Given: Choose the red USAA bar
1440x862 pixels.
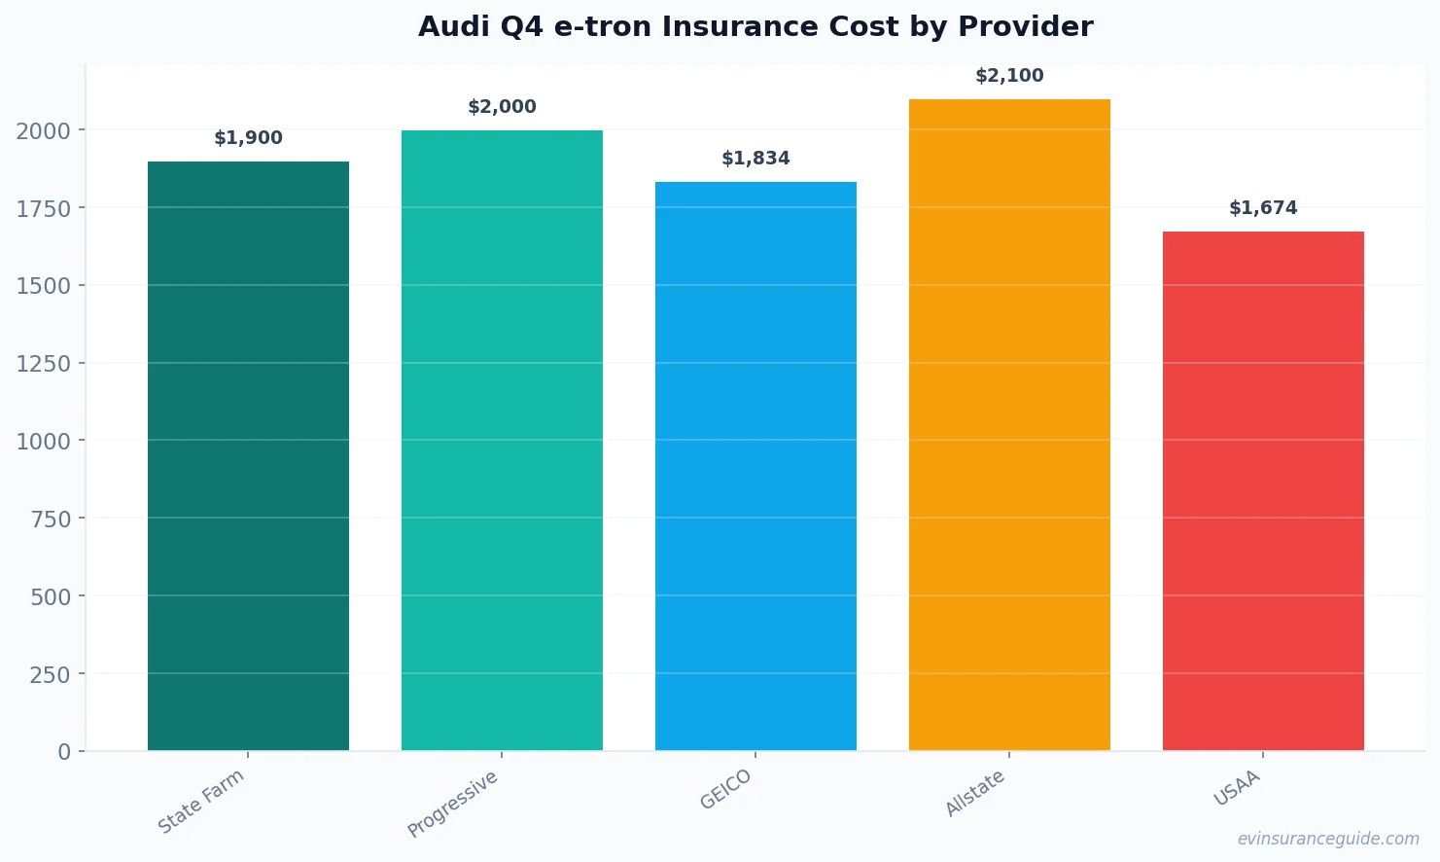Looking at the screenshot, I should pos(1263,490).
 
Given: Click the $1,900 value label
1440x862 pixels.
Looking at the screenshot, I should pos(248,138).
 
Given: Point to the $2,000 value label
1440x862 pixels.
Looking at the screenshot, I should pos(502,107).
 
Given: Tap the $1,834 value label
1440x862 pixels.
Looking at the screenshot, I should pos(755,159).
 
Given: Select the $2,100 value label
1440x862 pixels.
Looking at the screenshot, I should pos(1009,76).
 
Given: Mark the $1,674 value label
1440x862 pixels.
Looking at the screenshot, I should pos(1263,208).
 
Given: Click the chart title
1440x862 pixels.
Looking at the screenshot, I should pos(755,26).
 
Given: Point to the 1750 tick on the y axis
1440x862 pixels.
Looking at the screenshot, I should pos(44,208).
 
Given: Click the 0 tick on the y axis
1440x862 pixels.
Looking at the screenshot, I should pos(64,752).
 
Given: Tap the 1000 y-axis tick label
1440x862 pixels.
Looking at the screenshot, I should pos(44,441).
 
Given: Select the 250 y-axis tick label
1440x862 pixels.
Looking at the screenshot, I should pos(50,674).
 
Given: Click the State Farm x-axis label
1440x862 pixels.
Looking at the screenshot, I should pos(201,802).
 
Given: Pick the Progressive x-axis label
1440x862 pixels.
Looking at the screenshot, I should pos(453,804).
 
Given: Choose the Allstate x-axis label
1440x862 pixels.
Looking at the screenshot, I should pos(975,794).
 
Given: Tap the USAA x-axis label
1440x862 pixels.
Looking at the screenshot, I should pos(1237,788).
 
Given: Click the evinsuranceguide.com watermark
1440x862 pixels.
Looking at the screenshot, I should pos(1328,839).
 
